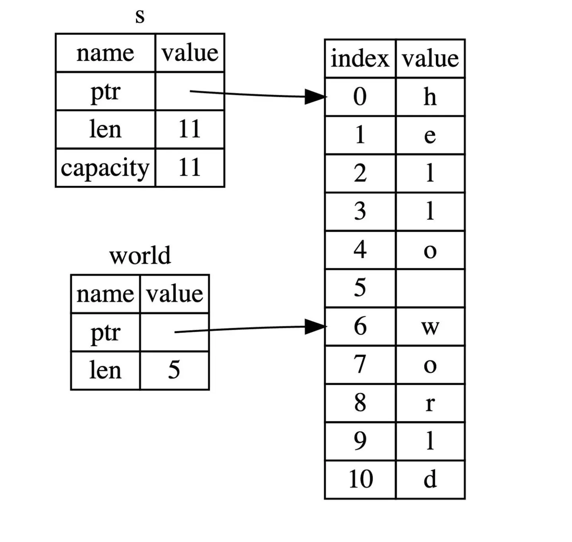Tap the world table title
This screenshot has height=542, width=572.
pyautogui.click(x=140, y=256)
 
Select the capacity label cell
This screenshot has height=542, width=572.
pyautogui.click(x=105, y=168)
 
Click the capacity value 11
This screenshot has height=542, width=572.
pyautogui.click(x=189, y=168)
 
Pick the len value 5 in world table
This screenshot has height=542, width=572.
pyautogui.click(x=174, y=370)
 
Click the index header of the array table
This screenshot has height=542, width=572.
pyautogui.click(x=360, y=59)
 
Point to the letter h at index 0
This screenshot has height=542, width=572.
pyautogui.click(x=430, y=97)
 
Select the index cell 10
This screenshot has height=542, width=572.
pyautogui.click(x=360, y=479)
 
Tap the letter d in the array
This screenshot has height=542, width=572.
pyautogui.click(x=430, y=479)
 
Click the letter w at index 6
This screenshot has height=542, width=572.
pyautogui.click(x=430, y=327)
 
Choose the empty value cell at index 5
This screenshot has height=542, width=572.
pyautogui.click(x=430, y=288)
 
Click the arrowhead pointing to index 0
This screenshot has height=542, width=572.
pyautogui.click(x=316, y=96)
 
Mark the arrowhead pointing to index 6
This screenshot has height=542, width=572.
pyautogui.click(x=316, y=327)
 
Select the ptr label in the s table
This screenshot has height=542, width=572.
pyautogui.click(x=105, y=92)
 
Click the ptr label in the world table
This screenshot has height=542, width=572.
pyautogui.click(x=105, y=333)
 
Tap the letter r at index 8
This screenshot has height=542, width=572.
pyautogui.click(x=430, y=404)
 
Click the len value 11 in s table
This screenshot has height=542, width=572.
pyautogui.click(x=189, y=130)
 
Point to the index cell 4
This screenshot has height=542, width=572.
pyautogui.click(x=360, y=250)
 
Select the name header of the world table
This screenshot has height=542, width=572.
pyautogui.click(x=105, y=294)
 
